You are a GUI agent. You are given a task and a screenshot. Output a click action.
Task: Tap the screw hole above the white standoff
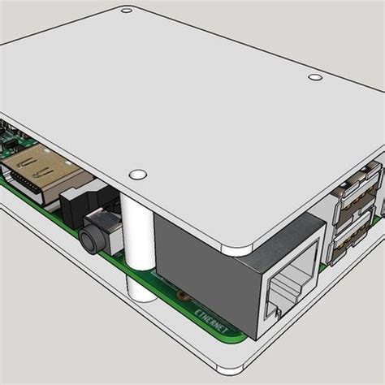tap(138, 174)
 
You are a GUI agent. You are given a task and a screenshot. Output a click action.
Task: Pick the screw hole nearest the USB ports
tap(315, 78)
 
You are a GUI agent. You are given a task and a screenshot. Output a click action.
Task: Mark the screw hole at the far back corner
tap(126, 11)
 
